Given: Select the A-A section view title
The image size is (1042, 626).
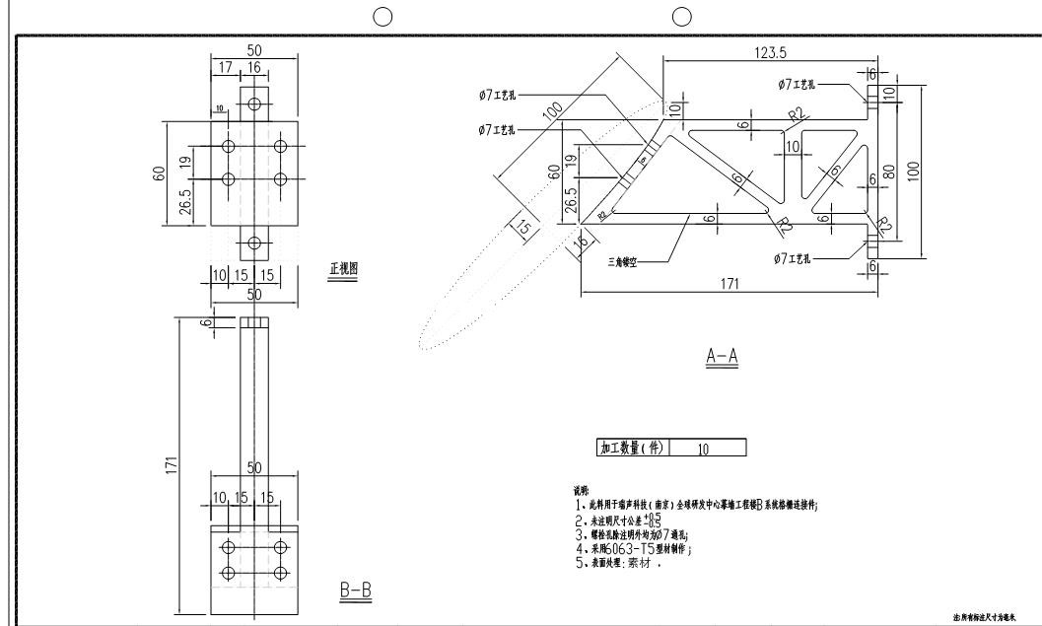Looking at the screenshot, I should [x=723, y=357].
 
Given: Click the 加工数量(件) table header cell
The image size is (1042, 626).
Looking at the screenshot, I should [x=631, y=449].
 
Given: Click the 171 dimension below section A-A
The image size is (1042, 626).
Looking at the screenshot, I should [x=729, y=284].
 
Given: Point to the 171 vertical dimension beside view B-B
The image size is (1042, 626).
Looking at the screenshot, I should [x=171, y=463].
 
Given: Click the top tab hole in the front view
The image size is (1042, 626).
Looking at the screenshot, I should [x=254, y=103].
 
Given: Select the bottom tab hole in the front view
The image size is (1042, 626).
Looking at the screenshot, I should [x=254, y=243].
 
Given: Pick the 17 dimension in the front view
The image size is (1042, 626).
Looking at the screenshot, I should [x=226, y=68].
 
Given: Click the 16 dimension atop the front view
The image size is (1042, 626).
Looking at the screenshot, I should [x=254, y=68].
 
